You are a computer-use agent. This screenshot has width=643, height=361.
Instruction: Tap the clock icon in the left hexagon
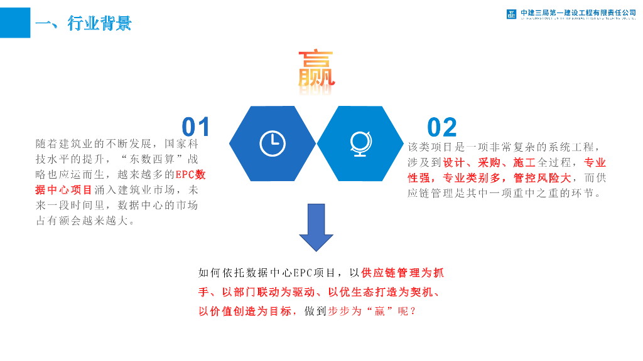coord(272,144)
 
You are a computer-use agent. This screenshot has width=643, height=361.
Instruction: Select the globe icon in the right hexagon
coord(361,144)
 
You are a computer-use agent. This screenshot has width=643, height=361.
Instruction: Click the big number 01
coord(196,127)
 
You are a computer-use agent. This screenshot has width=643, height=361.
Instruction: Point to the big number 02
coord(442,127)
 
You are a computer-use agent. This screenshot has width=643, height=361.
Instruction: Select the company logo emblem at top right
coord(512,14)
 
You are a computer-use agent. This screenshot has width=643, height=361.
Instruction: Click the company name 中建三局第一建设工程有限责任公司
coord(578,13)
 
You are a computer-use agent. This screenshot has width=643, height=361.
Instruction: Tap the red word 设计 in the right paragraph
coord(453,163)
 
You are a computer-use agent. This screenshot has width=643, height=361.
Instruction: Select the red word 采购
coord(488,163)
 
